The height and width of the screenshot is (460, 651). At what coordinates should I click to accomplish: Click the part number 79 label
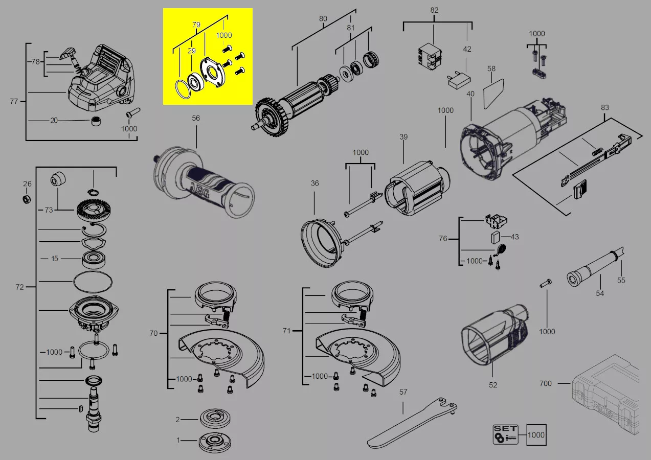(196, 24)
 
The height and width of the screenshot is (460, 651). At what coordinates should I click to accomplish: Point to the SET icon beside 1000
(505, 434)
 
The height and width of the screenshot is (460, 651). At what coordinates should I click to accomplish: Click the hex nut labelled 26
(27, 199)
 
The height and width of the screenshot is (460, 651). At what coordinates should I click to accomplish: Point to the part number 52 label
(492, 385)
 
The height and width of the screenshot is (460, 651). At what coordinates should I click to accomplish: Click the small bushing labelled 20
(95, 121)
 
